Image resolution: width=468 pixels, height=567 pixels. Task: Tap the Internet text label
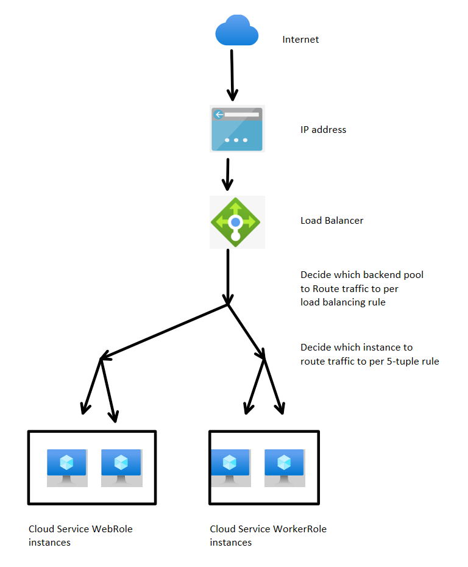click(300, 40)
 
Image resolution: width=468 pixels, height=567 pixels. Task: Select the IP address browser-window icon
click(236, 129)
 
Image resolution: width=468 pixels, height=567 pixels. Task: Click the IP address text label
click(323, 129)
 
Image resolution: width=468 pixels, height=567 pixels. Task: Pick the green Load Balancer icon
click(236, 222)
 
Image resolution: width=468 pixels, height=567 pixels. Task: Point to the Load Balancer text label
click(331, 220)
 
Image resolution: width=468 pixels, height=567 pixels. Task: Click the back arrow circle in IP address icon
click(218, 115)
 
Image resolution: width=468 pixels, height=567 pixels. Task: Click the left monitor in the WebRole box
click(67, 467)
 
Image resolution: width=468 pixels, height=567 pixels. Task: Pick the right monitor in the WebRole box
click(121, 467)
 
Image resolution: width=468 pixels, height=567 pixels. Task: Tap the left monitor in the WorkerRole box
click(230, 467)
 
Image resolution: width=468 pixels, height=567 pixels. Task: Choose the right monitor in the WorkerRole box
click(283, 467)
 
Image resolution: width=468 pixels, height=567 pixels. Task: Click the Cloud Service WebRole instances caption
click(80, 535)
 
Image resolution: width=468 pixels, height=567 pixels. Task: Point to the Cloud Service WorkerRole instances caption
click(268, 535)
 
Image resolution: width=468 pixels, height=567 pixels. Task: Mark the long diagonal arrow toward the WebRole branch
click(165, 330)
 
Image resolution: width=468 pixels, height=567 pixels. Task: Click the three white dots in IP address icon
click(236, 140)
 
